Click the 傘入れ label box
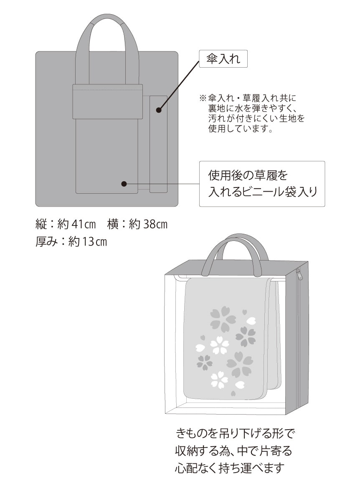tap(223, 59)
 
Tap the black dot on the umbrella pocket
tap(159, 110)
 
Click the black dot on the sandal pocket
tap(124, 184)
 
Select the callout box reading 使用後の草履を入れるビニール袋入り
tap(262, 184)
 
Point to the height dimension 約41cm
tap(76, 224)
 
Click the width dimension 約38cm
tap(148, 224)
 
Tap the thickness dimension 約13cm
tap(87, 242)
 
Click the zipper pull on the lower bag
tap(298, 273)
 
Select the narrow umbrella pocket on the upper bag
tap(158, 144)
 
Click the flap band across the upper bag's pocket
tap(108, 101)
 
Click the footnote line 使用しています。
tap(240, 129)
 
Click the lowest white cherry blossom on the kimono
tap(219, 380)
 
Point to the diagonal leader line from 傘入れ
tap(179, 85)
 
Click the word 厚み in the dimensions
tap(46, 242)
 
